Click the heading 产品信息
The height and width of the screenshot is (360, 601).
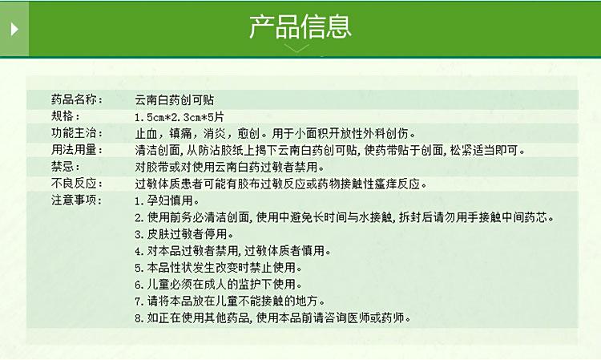point(300,26)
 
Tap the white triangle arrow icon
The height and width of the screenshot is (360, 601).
point(14,29)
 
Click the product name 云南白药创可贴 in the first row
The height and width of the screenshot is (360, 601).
point(175,100)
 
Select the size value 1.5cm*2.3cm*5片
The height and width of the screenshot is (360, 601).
point(179,117)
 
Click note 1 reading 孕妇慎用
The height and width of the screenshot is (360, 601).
point(167,200)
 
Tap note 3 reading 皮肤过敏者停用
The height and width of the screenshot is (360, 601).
point(184,234)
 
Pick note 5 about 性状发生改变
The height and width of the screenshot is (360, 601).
point(219,268)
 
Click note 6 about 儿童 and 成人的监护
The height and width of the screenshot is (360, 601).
point(219,285)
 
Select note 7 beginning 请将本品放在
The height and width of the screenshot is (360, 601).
point(230,301)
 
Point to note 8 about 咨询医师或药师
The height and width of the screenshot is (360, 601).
point(273,318)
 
